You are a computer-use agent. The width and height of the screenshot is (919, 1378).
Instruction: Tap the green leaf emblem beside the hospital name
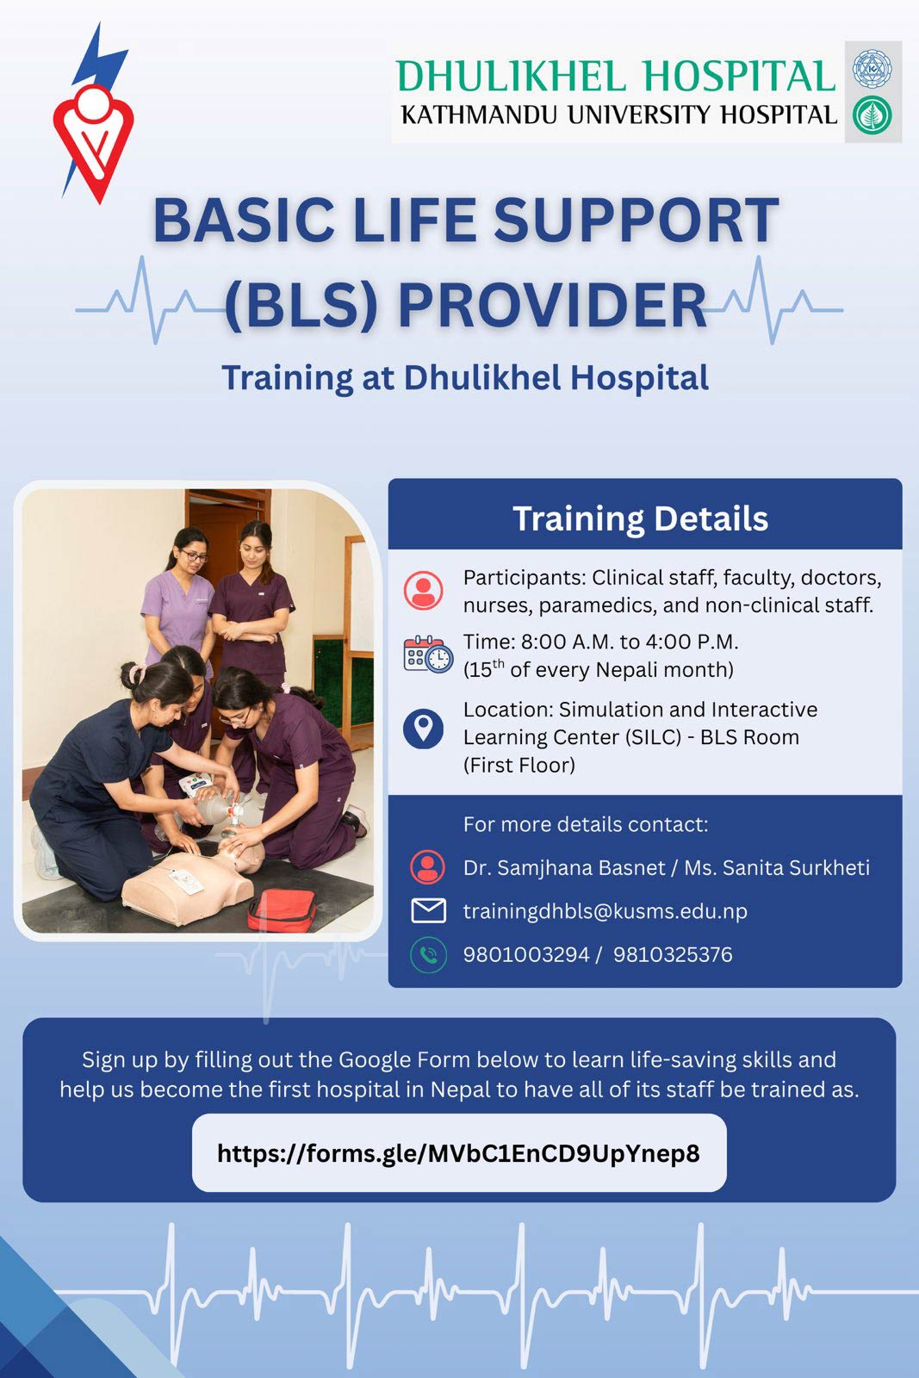coord(872,115)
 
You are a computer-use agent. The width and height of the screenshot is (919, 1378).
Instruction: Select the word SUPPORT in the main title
coord(636,220)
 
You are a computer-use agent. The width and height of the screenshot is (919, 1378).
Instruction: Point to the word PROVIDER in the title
coord(552,305)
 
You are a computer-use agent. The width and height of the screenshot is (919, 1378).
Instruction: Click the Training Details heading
coord(640,518)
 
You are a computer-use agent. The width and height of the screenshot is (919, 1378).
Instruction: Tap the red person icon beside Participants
coord(423,591)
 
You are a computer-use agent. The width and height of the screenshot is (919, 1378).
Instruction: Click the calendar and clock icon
coord(428,654)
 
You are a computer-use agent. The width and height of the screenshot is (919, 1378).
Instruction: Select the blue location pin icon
coord(423,729)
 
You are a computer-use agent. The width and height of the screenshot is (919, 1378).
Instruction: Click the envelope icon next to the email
coord(428,910)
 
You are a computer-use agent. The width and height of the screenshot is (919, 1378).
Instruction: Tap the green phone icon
coord(428,955)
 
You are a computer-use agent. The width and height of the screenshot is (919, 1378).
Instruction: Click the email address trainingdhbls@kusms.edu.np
coord(605,911)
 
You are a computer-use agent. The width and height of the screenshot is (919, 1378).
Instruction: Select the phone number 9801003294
coord(526,955)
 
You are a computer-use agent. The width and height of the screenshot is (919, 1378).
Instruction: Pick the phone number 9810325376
coord(673,955)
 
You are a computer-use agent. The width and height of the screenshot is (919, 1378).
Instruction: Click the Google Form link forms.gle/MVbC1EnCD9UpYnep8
coord(458,1153)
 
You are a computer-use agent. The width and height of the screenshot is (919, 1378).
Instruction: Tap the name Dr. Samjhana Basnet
coord(564,867)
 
